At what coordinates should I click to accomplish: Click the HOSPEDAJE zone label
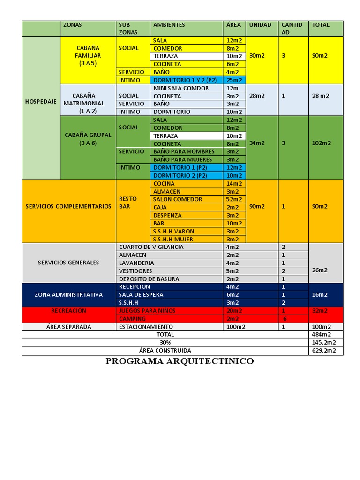pyautogui.click(x=40, y=101)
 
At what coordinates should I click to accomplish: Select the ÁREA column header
pyautogui.click(x=233, y=25)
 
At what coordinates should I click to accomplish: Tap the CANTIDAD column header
pyautogui.click(x=292, y=28)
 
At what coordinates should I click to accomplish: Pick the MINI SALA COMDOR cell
pyautogui.click(x=181, y=88)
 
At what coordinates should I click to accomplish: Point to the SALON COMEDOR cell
pyautogui.click(x=178, y=199)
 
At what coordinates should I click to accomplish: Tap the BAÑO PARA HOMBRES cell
pyautogui.click(x=184, y=151)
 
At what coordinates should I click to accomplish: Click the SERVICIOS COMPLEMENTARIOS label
pyautogui.click(x=68, y=206)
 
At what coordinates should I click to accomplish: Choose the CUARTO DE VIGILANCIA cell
pyautogui.click(x=151, y=247)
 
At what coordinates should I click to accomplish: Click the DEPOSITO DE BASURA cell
pyautogui.click(x=149, y=279)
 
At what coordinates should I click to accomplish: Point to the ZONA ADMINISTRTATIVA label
pyautogui.click(x=68, y=295)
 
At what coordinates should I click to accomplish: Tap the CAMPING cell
pyautogui.click(x=132, y=319)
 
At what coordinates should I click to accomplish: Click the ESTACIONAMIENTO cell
pyautogui.click(x=146, y=327)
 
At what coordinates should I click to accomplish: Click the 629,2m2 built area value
pyautogui.click(x=322, y=351)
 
